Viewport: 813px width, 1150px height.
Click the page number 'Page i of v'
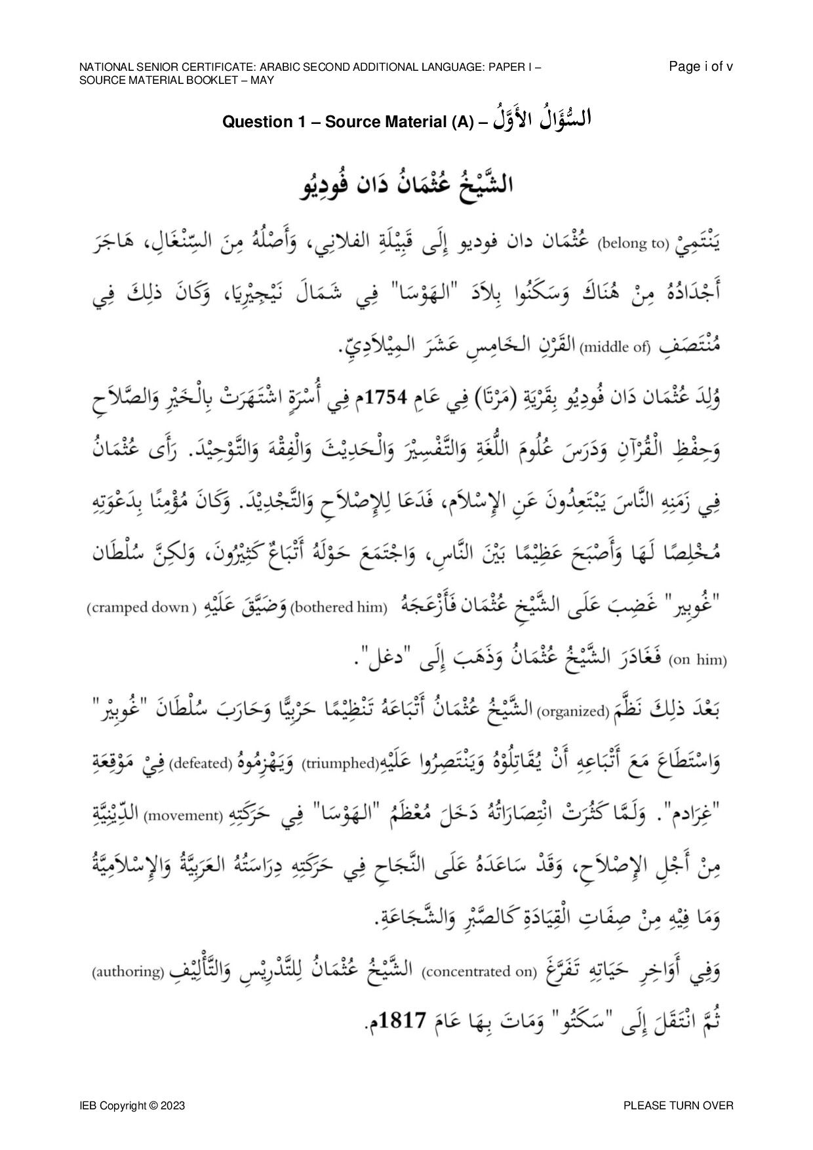click(701, 66)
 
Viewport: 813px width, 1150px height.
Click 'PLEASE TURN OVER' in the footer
click(679, 1105)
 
